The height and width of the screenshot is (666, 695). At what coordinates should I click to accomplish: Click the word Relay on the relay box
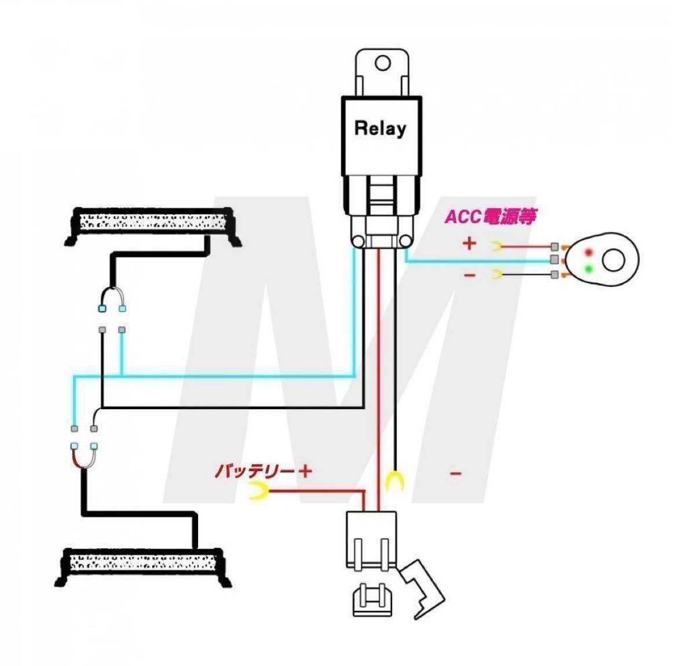pyautogui.click(x=380, y=128)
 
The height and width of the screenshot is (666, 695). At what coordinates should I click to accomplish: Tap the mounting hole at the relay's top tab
pyautogui.click(x=382, y=63)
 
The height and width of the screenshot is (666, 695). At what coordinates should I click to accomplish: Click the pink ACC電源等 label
pyautogui.click(x=490, y=216)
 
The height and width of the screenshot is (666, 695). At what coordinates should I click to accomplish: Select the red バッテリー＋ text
pyautogui.click(x=263, y=471)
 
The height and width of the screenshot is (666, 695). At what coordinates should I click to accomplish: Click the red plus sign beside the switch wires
pyautogui.click(x=469, y=243)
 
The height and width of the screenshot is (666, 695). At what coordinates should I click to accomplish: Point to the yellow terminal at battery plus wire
pyautogui.click(x=258, y=491)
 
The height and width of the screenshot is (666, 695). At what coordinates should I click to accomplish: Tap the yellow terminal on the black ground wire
pyautogui.click(x=394, y=481)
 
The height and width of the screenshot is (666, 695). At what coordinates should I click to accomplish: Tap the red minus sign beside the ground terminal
pyautogui.click(x=456, y=474)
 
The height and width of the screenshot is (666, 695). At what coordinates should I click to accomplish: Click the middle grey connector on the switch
pyautogui.click(x=555, y=259)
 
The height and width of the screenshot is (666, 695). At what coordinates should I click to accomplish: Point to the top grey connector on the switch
pyautogui.click(x=555, y=246)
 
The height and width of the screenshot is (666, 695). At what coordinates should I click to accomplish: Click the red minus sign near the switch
pyautogui.click(x=469, y=275)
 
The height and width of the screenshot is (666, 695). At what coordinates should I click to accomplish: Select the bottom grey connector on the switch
pyautogui.click(x=555, y=275)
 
